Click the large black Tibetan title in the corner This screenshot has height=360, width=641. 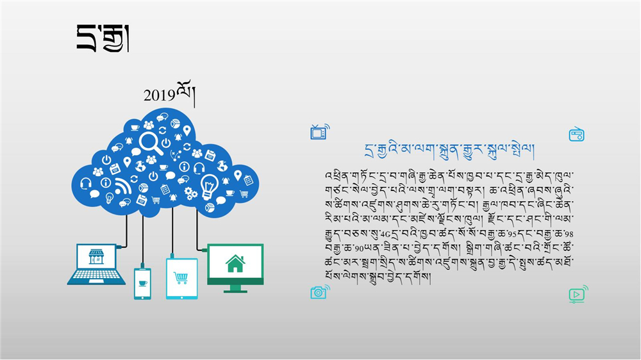pos(103,38)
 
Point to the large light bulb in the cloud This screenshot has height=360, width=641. pos(209,186)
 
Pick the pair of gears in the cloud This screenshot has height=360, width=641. pos(191,193)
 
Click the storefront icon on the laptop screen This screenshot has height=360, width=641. pos(97,257)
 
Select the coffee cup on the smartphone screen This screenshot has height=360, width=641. pos(143,283)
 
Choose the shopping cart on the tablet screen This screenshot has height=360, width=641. pos(181,278)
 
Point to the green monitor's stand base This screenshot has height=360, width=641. pos(235,291)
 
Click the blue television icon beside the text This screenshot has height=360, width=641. pos(320,132)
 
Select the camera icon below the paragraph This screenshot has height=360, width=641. pos(320,292)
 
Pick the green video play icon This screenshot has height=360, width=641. pos(578,294)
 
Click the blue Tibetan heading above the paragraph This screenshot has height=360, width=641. pos(449,151)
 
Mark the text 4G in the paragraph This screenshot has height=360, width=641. pos(385,234)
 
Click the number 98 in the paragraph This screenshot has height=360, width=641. pos(569,234)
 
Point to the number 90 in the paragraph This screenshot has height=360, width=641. pos(359,249)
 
